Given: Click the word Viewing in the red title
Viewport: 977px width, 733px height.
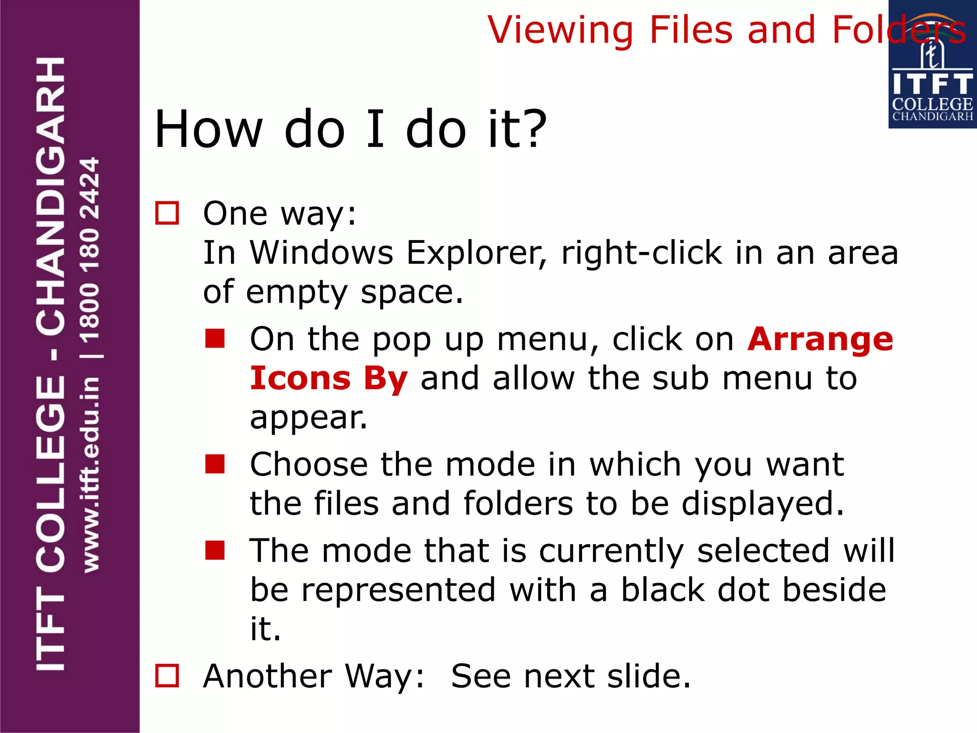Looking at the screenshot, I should coord(561,31).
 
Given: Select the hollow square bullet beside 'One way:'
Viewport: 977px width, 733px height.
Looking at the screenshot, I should coord(167,213).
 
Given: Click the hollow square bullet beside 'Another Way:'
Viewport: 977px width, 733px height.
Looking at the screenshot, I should coord(167,675).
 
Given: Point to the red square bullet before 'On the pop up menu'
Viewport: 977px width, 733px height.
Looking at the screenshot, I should coord(215,338).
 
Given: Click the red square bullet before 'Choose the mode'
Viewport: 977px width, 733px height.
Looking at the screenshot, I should coord(215,464).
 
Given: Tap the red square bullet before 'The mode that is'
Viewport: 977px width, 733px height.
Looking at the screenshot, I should coord(215,550).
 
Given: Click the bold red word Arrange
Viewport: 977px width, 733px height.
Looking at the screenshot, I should coord(820,340).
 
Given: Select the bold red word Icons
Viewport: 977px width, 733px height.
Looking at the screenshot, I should coord(301,378).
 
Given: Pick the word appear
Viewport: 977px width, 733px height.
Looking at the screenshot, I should coord(309,419).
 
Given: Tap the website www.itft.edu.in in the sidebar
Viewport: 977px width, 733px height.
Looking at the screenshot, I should coord(90,475).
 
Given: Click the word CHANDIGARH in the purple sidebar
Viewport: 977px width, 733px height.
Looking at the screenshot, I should coord(51,196).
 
